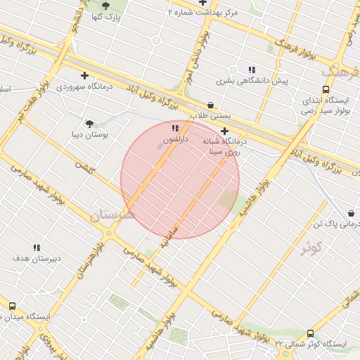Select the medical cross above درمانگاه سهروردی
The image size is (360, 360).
(x=85, y=75)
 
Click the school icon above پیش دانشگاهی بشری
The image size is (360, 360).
(x=251, y=69)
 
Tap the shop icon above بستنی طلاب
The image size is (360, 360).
(x=210, y=105)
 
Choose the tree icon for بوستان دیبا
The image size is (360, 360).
(x=89, y=123)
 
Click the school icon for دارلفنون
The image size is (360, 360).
(x=175, y=128)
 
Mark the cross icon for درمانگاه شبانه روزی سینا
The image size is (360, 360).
(x=224, y=131)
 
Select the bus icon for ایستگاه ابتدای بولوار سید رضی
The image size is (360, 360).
(x=325, y=89)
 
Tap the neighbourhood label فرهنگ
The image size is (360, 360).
(x=340, y=72)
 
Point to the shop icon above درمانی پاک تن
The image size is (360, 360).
(x=351, y=213)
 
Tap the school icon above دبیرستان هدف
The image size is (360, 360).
(x=37, y=247)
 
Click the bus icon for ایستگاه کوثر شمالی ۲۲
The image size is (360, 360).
(x=310, y=333)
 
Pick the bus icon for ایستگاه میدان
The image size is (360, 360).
(x=12, y=307)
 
